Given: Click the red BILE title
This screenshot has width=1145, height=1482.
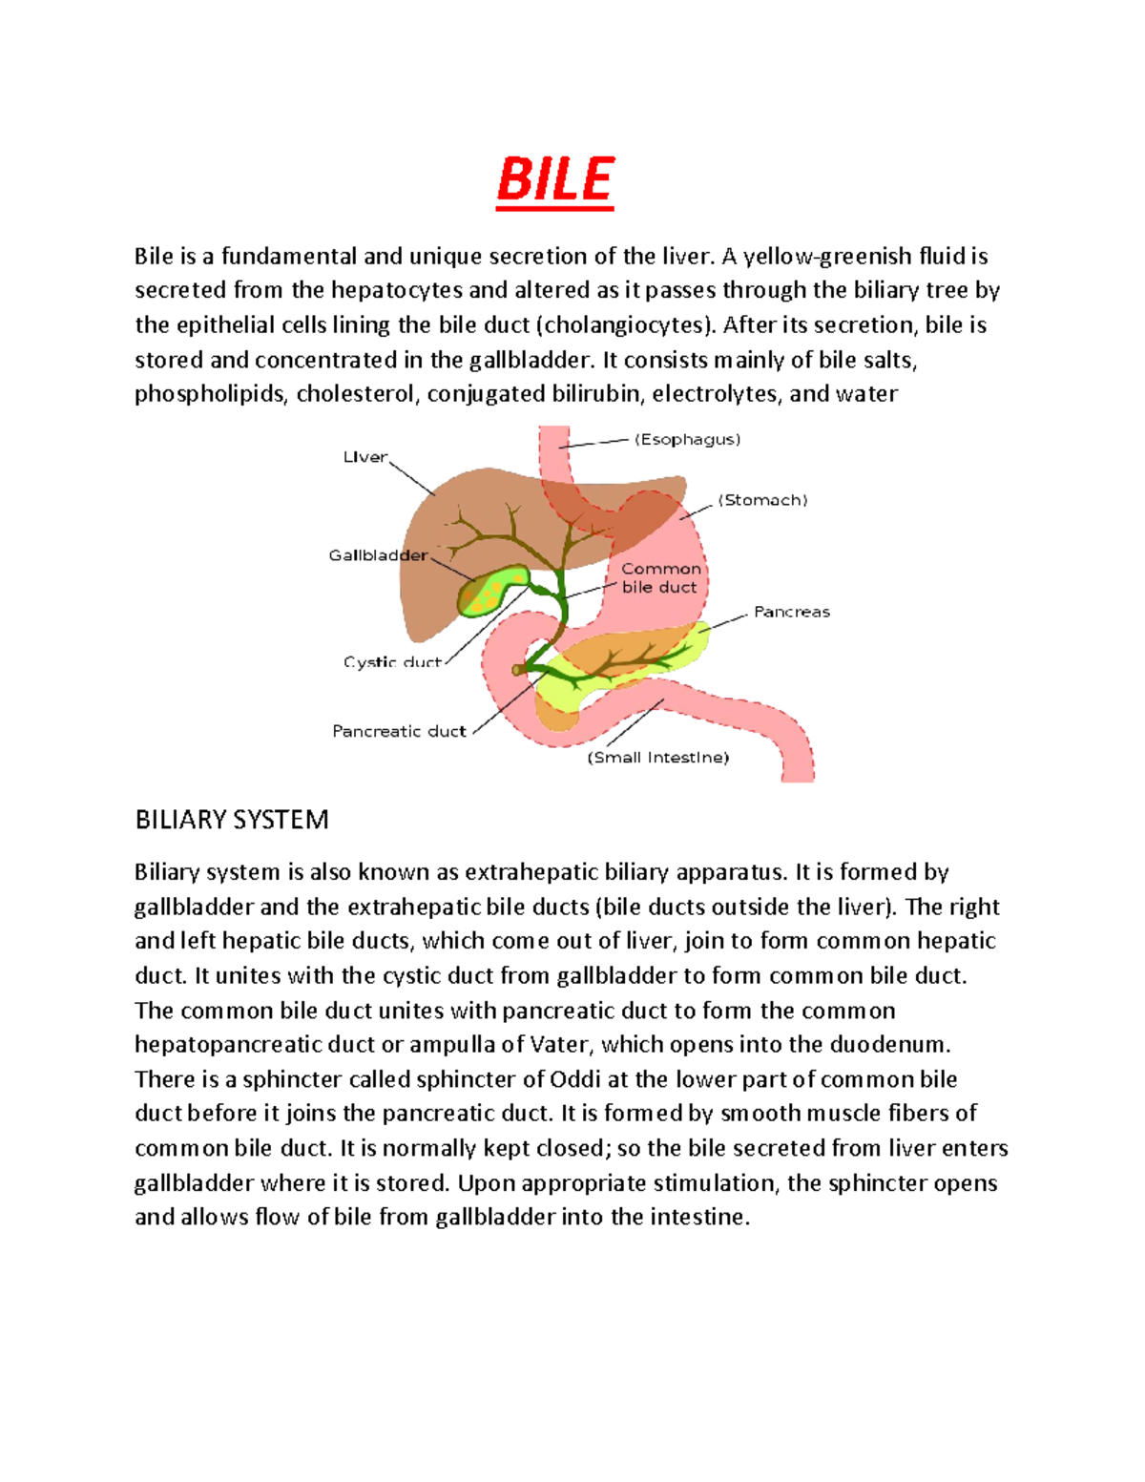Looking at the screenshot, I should tap(555, 180).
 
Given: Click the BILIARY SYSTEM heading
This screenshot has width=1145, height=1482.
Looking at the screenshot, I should tap(232, 820).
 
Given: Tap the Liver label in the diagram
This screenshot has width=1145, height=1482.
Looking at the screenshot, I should tap(365, 457).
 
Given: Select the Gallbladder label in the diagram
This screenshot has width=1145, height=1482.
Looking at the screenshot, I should tap(378, 555).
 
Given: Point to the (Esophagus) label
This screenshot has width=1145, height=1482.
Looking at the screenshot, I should tap(688, 439).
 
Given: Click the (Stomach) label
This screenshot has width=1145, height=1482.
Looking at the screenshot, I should tap(762, 500).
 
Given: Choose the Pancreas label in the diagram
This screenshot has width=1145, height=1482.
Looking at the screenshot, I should tap(792, 612).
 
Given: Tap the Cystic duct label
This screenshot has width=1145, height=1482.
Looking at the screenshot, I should tap(392, 661).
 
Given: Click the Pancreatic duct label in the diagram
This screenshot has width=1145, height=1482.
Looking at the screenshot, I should tap(399, 731).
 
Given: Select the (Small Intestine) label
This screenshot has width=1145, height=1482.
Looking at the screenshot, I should tap(658, 758).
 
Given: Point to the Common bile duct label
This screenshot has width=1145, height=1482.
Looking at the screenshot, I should tap(660, 578).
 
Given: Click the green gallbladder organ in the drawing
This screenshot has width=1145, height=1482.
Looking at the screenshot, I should tap(492, 592).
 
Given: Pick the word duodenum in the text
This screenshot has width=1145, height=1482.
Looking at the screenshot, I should tap(888, 1045).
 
